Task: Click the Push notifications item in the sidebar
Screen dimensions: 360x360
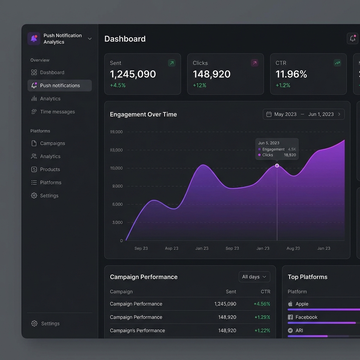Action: click(x=59, y=85)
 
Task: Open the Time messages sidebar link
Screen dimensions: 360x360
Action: click(x=57, y=112)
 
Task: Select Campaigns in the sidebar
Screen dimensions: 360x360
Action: click(x=52, y=143)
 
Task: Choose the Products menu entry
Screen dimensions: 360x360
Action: click(x=50, y=169)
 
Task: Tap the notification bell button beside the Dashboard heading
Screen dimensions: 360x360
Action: click(x=352, y=39)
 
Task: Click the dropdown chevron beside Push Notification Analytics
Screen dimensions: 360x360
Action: click(x=90, y=39)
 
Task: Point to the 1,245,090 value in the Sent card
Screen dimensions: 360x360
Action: click(x=133, y=74)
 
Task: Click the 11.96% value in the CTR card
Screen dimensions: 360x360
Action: click(x=291, y=74)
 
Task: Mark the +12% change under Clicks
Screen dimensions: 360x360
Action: click(x=199, y=85)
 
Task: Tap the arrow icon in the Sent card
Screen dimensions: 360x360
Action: click(x=172, y=63)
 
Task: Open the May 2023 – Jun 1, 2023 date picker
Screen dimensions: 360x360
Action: click(x=303, y=114)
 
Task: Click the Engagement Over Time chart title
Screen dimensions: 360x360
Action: click(x=143, y=114)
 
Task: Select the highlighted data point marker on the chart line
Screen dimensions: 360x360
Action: click(x=277, y=166)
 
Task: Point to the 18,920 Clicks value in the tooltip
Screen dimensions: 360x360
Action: click(x=290, y=155)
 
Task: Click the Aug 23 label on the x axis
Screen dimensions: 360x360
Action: click(x=293, y=248)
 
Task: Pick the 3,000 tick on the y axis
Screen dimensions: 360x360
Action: click(x=117, y=223)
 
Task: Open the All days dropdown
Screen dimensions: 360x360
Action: click(x=254, y=277)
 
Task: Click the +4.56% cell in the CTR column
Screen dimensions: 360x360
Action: click(x=262, y=304)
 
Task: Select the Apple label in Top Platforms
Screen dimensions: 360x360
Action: click(x=302, y=304)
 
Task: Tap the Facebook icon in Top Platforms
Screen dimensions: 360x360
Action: click(x=290, y=317)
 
